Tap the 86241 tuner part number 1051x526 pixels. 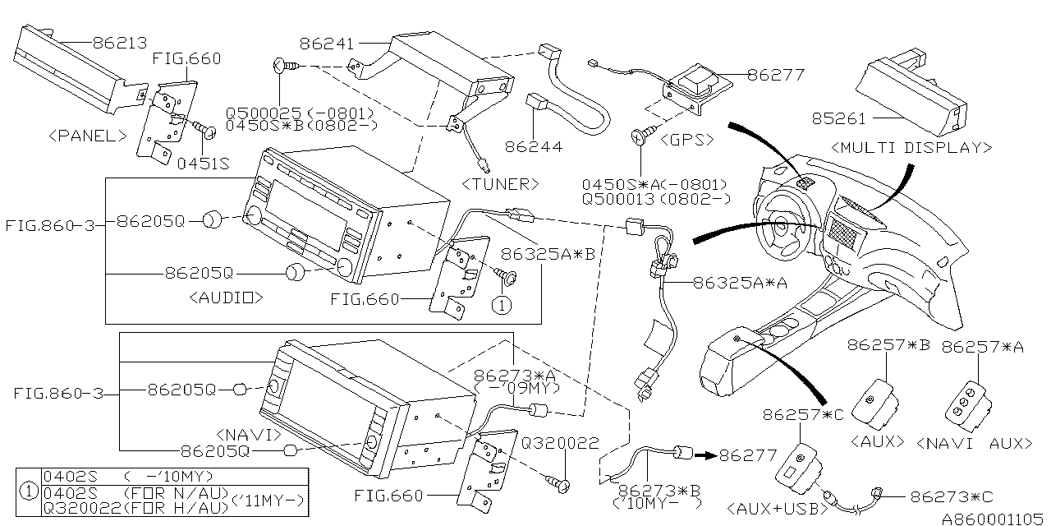tap(328, 43)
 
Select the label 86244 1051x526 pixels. tap(534, 147)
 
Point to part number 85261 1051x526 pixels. tap(838, 118)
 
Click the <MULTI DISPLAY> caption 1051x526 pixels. tap(911, 148)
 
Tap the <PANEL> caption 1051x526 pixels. tap(88, 136)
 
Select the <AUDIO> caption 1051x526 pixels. tap(225, 297)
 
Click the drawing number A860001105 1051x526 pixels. tap(994, 519)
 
